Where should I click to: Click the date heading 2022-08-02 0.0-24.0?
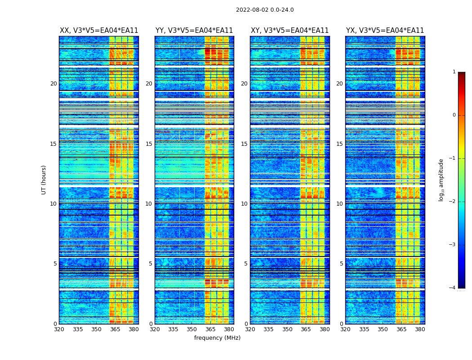coord(265,10)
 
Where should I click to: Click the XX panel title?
coord(99,31)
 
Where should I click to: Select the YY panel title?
coord(194,31)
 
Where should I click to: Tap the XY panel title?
coord(289,31)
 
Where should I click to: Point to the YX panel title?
coord(385,31)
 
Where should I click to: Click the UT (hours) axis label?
coord(44,180)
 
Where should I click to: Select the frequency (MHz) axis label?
coord(217,338)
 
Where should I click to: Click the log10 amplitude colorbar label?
coord(441,180)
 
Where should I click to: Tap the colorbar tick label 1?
coord(454,72)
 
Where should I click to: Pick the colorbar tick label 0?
coord(454,115)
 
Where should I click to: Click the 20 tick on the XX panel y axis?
coord(53,84)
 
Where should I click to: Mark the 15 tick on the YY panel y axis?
coord(149,144)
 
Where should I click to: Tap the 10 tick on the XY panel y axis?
coord(244,204)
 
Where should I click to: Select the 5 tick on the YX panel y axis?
coord(341,264)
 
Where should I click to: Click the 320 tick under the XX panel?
coord(59,329)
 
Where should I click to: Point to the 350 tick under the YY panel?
coord(192,329)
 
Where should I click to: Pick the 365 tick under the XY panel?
coord(306,329)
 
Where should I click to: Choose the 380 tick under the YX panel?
coord(420,329)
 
